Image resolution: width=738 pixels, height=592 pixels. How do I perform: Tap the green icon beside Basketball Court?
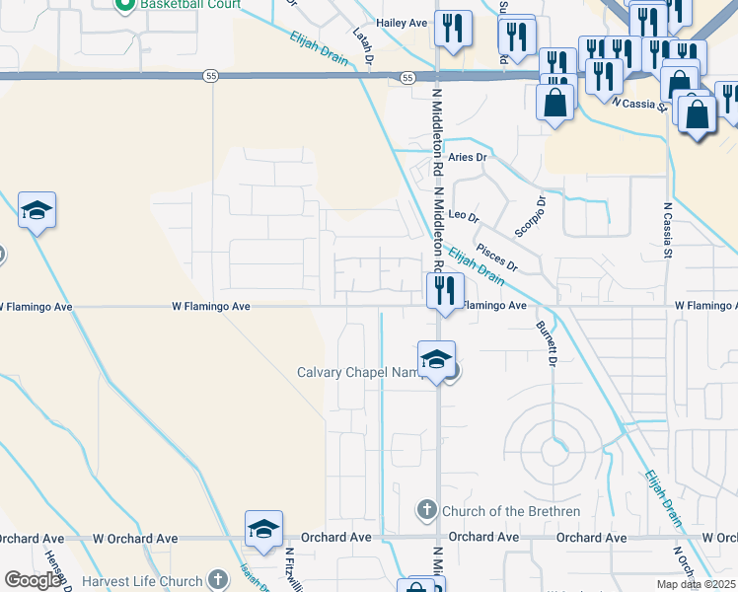125,5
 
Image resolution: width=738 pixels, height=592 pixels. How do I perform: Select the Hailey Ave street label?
402,23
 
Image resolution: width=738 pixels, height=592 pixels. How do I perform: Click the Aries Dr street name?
468,157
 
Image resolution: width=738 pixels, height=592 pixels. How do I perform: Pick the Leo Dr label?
463,216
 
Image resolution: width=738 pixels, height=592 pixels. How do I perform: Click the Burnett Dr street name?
544,342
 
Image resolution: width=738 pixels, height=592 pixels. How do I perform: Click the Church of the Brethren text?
510,511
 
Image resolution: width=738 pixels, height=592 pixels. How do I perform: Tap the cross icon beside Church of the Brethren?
426,510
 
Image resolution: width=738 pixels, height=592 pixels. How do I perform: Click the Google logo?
33,580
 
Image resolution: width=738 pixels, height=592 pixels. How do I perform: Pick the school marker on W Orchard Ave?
263,530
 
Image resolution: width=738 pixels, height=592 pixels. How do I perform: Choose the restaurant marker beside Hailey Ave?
453,29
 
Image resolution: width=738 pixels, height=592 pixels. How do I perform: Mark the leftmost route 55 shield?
211,75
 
